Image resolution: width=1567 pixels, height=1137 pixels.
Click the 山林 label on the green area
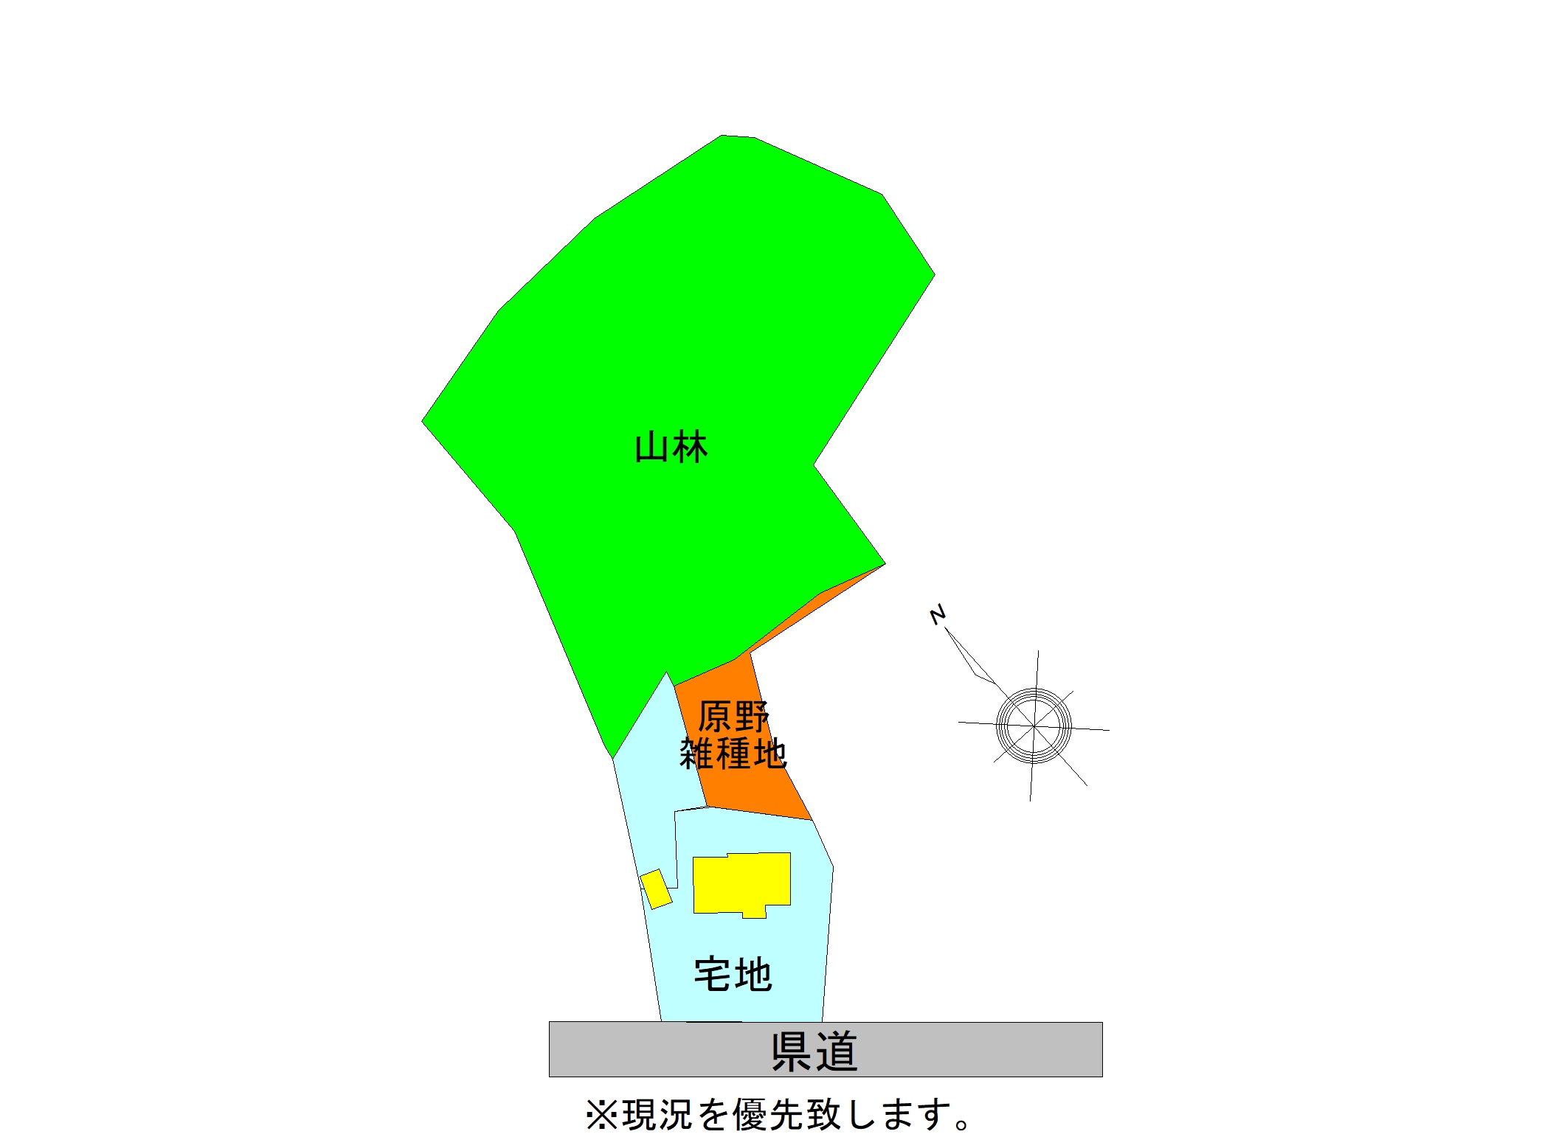click(671, 448)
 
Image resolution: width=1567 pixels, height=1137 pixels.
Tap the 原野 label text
click(733, 716)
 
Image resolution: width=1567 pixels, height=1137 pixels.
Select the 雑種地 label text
click(733, 754)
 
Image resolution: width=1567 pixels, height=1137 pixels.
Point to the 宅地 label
click(733, 974)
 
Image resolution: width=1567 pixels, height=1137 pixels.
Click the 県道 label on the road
click(814, 1051)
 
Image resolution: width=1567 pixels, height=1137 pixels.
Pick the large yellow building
click(741, 884)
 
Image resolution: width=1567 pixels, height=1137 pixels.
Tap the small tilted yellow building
click(656, 889)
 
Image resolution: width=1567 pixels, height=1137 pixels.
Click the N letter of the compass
click(937, 614)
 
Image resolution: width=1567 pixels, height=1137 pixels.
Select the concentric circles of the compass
click(1034, 726)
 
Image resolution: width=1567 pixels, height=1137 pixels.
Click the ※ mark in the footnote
click(601, 1114)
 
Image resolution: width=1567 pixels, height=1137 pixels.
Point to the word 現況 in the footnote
click(657, 1114)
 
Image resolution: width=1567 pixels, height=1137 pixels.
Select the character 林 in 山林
click(690, 448)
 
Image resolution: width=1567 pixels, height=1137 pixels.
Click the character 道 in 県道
click(837, 1051)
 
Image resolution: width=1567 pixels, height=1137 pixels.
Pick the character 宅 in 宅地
click(713, 974)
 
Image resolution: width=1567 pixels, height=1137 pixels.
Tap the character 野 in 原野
click(752, 716)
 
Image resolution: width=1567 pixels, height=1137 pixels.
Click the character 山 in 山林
click(651, 448)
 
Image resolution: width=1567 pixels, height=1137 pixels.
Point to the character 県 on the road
click(792, 1051)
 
